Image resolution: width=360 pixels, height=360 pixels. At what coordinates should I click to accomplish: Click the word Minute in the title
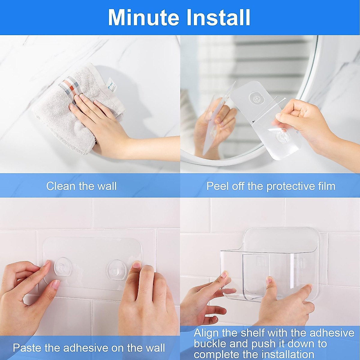tap(143, 18)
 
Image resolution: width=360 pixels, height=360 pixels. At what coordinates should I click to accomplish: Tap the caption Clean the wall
tap(81, 186)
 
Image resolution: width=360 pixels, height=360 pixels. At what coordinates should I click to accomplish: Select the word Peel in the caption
tap(218, 186)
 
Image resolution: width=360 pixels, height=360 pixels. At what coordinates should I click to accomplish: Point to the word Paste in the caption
tap(27, 348)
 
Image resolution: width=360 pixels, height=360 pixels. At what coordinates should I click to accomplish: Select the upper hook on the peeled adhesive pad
tap(256, 98)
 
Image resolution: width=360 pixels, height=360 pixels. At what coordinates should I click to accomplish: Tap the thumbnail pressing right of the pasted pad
tap(137, 265)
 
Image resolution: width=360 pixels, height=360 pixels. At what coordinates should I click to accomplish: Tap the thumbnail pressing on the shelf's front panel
tap(269, 281)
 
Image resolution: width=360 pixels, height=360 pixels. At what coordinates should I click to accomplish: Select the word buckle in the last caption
tap(210, 343)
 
